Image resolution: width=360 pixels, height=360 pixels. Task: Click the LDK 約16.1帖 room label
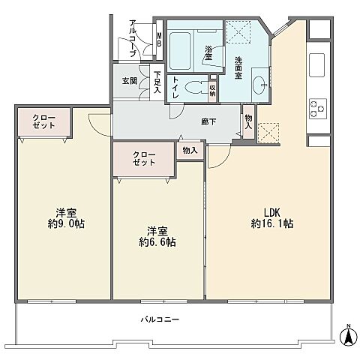pyautogui.click(x=271, y=217)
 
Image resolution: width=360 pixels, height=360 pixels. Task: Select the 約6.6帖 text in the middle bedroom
pyautogui.click(x=156, y=241)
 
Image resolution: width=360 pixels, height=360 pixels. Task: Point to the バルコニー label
pyautogui.click(x=160, y=319)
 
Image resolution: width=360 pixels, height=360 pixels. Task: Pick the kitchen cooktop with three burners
pyautogui.click(x=316, y=109)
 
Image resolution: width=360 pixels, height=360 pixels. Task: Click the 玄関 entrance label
pyautogui.click(x=130, y=80)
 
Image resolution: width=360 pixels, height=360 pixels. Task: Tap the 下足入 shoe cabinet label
pyautogui.click(x=157, y=82)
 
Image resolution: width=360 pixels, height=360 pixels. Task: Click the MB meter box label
pyautogui.click(x=160, y=37)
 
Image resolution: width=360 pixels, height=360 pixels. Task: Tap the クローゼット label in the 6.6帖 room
pyautogui.click(x=143, y=159)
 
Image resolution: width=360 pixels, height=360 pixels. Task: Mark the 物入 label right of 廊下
pyautogui.click(x=248, y=120)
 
